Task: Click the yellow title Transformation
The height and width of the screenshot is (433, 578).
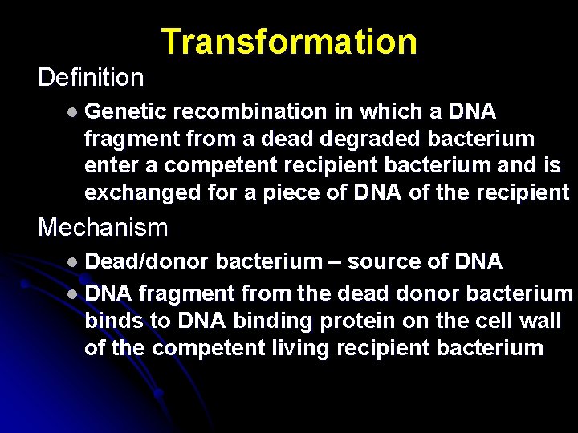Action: coord(289,42)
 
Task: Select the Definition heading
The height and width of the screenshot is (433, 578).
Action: coord(91,78)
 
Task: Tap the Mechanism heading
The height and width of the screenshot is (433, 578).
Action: coord(103,228)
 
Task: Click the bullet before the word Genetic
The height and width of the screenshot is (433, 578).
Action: coord(73,111)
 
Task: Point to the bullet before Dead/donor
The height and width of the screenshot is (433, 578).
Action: coord(73,262)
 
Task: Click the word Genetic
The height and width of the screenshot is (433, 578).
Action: coord(127,111)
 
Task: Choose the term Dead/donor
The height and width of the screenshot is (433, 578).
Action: coord(147,261)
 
